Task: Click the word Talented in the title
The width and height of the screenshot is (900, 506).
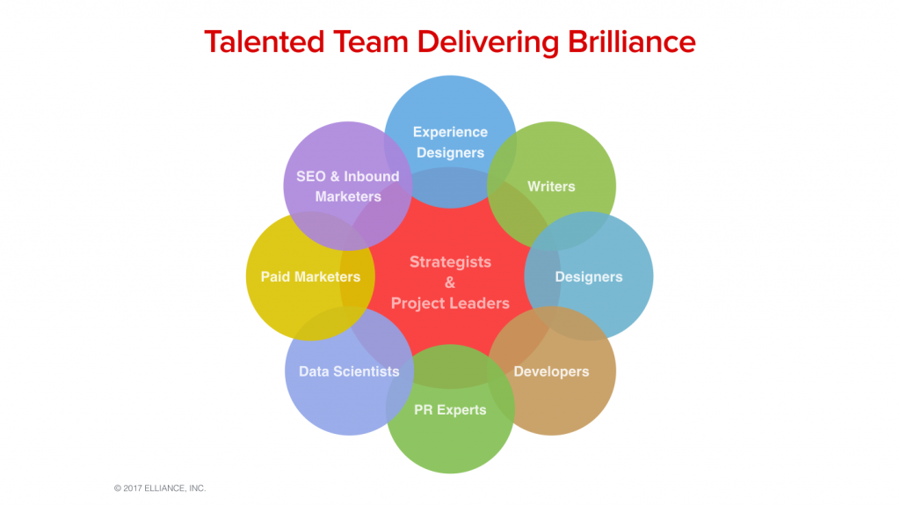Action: point(265,42)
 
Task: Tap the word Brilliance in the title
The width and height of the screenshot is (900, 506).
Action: point(631,42)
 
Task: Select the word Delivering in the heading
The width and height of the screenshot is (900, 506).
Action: point(488,43)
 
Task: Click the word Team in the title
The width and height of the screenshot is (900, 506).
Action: point(371,42)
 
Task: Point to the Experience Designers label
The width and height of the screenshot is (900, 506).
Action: point(450,142)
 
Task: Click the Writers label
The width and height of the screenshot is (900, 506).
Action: point(551,187)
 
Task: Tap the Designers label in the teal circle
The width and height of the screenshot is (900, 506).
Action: point(588,277)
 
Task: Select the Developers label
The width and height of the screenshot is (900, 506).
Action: point(551,371)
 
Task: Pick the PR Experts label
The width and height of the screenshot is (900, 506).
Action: point(450,410)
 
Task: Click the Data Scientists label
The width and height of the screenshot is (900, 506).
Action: point(349,371)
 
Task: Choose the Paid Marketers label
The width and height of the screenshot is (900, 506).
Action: point(310,276)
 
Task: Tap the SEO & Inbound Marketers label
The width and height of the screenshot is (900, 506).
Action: point(348,187)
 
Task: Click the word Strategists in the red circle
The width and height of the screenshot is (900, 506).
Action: point(450,262)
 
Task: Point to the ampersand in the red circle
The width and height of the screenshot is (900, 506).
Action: point(450,282)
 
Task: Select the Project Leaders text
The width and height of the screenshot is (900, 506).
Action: point(450,304)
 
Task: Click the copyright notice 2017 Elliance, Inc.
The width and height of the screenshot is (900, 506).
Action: point(160,488)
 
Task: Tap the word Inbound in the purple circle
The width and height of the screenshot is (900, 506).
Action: point(372,177)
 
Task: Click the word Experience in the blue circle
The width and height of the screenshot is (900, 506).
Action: point(450,132)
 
